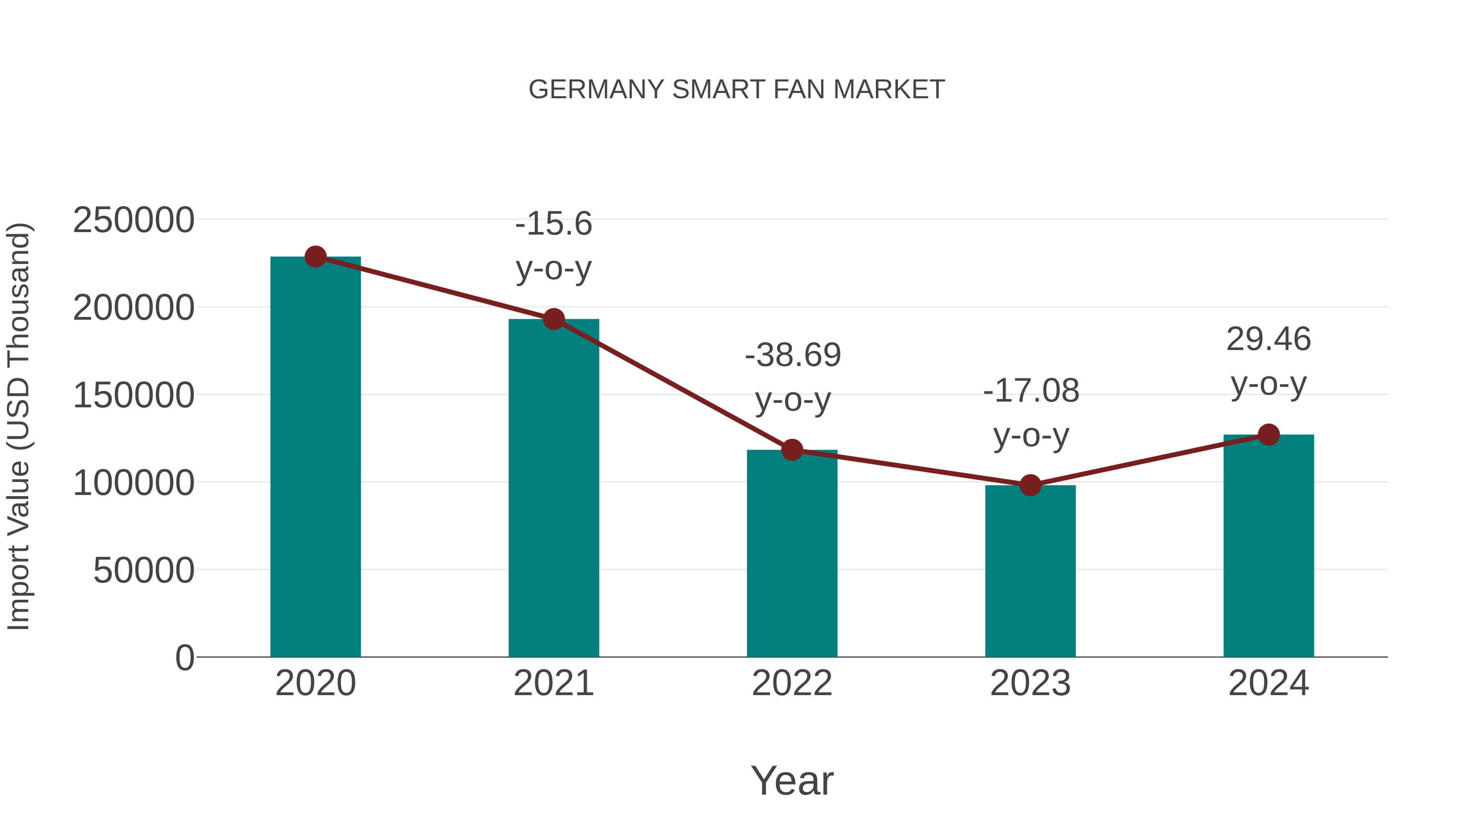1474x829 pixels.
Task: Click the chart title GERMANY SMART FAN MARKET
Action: pos(737,90)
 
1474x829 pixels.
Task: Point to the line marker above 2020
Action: pos(315,257)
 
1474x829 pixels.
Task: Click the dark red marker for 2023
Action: pos(1030,485)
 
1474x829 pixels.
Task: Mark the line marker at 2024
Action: pos(1268,435)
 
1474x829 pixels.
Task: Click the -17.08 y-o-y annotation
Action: pos(1031,413)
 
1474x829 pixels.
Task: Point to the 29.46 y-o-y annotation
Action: pos(1268,361)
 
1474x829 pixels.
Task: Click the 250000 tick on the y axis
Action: pos(133,220)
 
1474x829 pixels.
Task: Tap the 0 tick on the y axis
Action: pos(185,658)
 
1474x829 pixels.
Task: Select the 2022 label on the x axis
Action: pos(792,683)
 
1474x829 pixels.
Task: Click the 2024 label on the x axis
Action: pos(1268,683)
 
